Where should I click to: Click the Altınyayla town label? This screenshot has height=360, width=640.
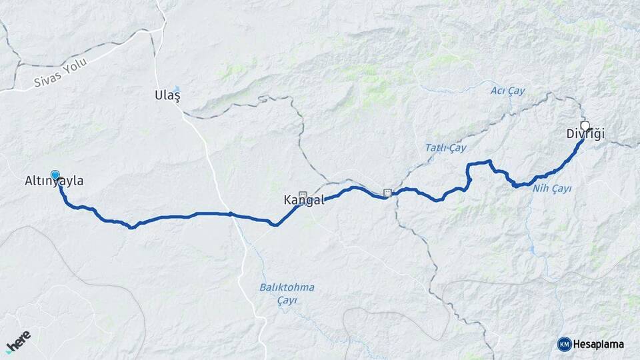click(x=54, y=181)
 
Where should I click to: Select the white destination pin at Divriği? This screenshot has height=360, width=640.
click(x=585, y=125)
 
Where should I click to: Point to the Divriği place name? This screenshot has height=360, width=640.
click(x=585, y=135)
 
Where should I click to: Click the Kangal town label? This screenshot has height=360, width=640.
click(x=303, y=200)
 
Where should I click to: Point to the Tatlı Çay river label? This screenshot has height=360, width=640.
click(x=445, y=147)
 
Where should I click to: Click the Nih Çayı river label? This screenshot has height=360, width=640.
click(x=552, y=189)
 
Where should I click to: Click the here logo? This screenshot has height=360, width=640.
click(x=19, y=341)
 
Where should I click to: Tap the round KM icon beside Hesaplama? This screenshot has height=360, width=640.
click(x=564, y=344)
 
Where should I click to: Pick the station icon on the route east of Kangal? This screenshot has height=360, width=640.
click(x=387, y=193)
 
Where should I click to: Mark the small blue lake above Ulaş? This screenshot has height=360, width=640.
click(x=177, y=87)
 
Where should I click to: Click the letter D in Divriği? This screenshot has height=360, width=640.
click(x=571, y=135)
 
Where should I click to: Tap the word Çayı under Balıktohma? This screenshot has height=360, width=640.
click(x=287, y=300)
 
